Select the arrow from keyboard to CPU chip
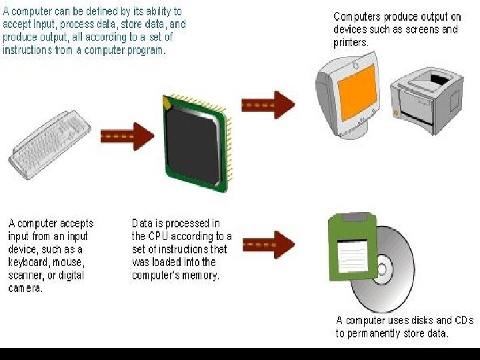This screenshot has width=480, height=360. click(x=127, y=136)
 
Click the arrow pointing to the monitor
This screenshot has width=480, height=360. click(x=267, y=105)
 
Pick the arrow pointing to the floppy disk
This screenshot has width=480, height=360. click(x=267, y=245)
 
